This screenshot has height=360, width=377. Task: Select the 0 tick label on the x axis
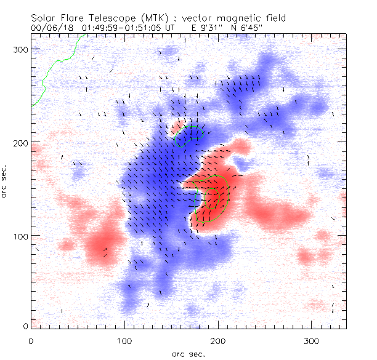coord(31,340)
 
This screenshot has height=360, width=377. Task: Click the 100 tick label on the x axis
coord(124,340)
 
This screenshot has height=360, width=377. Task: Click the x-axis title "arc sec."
coord(188,353)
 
